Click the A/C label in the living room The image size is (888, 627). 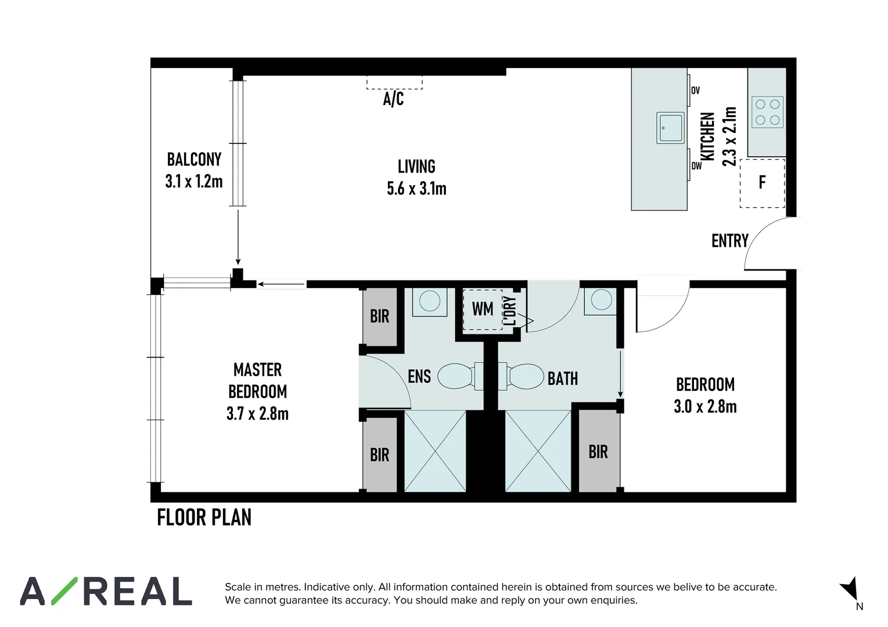click(393, 99)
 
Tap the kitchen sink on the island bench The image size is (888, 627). click(671, 128)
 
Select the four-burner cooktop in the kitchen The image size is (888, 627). click(767, 113)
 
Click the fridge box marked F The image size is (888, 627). click(762, 183)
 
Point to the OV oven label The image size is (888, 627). click(695, 91)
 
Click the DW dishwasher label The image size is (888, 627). click(696, 166)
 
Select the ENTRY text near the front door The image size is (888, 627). click(729, 241)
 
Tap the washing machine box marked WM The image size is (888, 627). click(483, 309)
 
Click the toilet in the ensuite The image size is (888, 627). click(456, 376)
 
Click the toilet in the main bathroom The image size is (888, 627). click(525, 376)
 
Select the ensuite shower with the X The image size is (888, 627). click(435, 451)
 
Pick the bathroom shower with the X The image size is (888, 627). click(538, 451)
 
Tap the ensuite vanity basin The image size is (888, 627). click(430, 301)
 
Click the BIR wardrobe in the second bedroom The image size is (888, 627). click(598, 452)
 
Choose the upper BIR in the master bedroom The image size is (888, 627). click(380, 316)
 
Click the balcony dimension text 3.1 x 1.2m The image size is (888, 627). click(194, 182)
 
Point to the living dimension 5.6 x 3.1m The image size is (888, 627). click(416, 189)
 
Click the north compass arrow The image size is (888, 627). click(850, 589)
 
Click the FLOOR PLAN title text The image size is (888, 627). click(204, 517)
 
